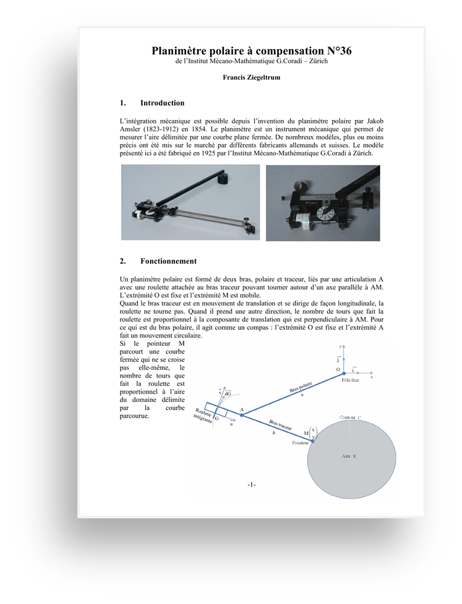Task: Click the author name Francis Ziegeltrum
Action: coord(251,77)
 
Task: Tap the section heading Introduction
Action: coord(162,103)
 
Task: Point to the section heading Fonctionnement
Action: coord(168,261)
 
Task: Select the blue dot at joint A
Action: coord(241,414)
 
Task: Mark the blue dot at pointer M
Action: coord(313,440)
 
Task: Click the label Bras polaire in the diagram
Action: coord(301,388)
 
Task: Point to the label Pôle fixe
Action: coord(350,381)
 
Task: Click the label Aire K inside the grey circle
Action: coord(350,456)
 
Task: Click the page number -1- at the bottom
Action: coord(251,485)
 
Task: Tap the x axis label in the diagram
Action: coord(372,376)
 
